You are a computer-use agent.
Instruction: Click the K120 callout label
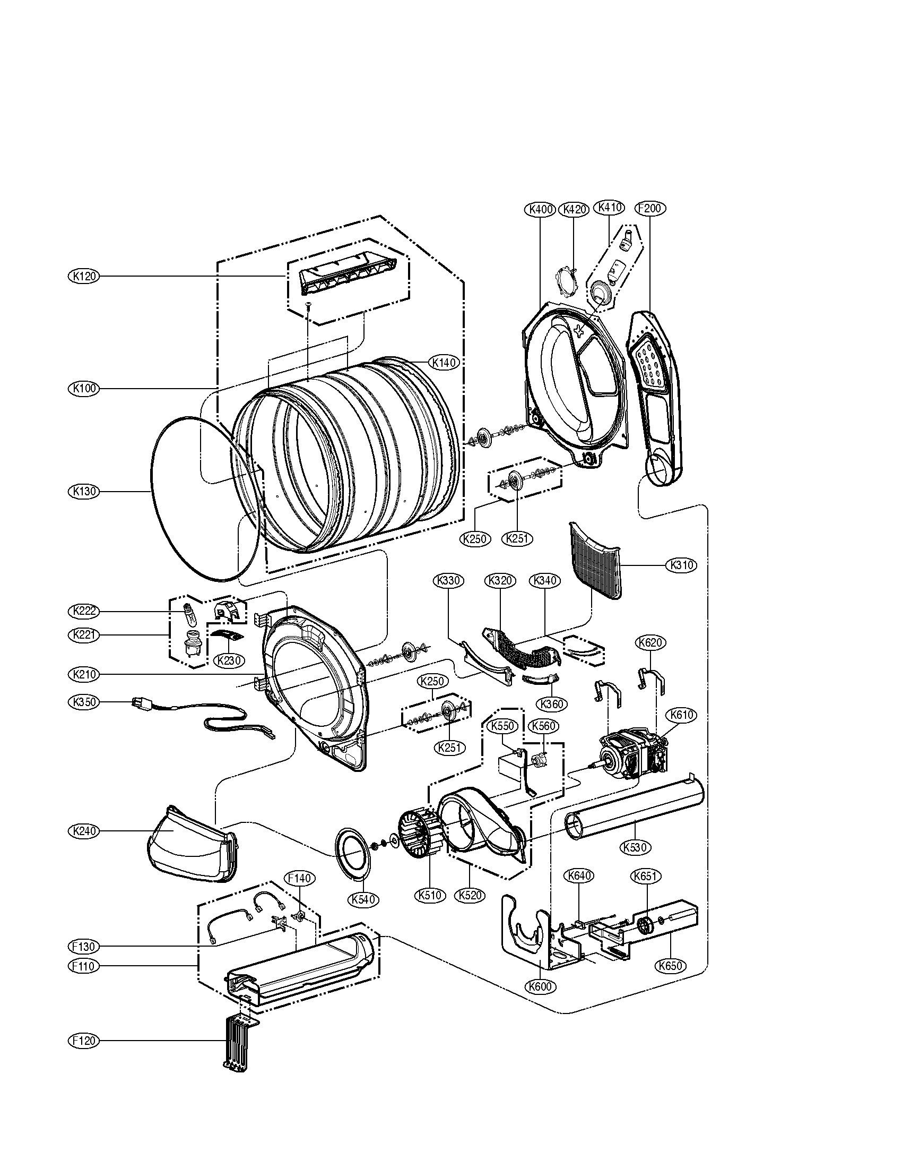click(84, 277)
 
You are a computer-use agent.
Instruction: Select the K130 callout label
click(84, 491)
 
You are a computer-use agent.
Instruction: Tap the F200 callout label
click(651, 209)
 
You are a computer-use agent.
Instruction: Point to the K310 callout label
click(681, 565)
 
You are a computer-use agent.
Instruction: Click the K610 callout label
click(681, 715)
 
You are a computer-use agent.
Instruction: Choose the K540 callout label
click(365, 900)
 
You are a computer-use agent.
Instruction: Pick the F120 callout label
click(84, 1041)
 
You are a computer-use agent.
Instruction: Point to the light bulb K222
click(188, 613)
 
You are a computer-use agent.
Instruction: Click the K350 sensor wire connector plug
click(140, 705)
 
